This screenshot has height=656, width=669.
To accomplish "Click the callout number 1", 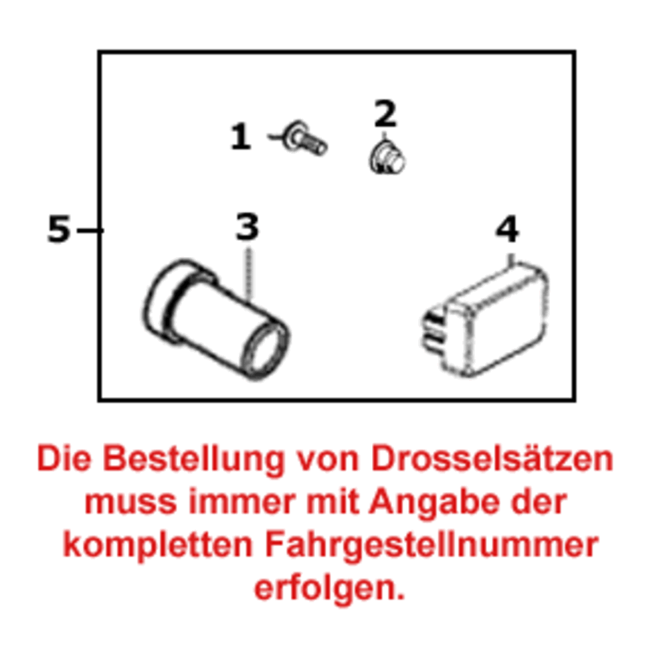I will coord(240,138).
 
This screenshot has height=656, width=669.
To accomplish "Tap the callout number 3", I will coord(247,228).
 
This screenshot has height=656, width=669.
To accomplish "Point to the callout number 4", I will coord(507,231).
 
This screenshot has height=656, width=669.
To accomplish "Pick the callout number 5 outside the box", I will coord(59,230).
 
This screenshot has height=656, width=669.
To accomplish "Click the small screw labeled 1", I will coord(304,139).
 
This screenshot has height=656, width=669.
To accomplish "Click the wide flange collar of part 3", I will coord(167,298).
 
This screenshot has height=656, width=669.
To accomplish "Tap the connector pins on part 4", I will coord(434,331).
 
